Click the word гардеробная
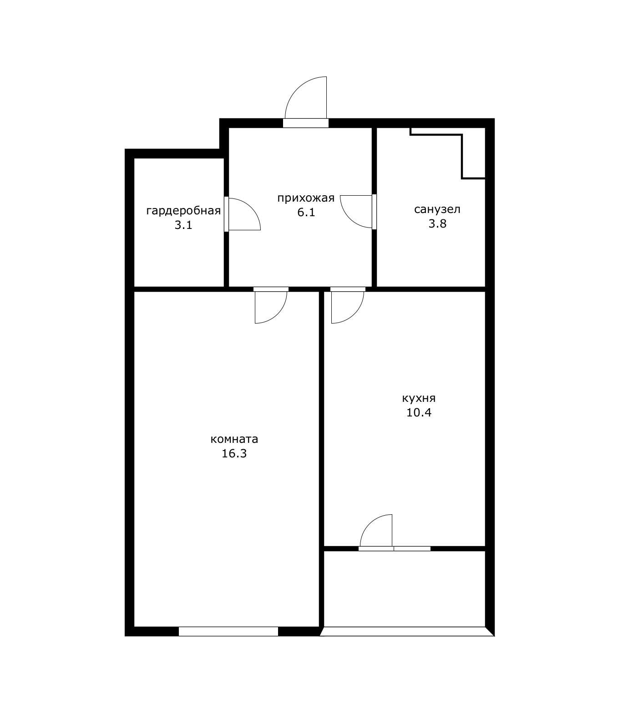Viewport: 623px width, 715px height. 183,211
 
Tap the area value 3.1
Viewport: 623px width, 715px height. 183,225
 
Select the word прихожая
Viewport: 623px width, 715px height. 306,198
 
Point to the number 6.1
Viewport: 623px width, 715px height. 306,212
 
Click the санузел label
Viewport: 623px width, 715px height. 437,209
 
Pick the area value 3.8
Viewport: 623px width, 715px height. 437,223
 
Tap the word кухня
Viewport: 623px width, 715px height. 419,399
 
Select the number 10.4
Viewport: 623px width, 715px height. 419,413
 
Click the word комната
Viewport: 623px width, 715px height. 234,439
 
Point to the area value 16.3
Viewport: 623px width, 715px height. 234,453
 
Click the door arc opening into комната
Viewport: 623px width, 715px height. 278,314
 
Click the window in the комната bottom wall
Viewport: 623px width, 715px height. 228,631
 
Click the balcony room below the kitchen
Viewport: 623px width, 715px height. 405,588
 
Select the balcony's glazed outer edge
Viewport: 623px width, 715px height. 407,632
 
